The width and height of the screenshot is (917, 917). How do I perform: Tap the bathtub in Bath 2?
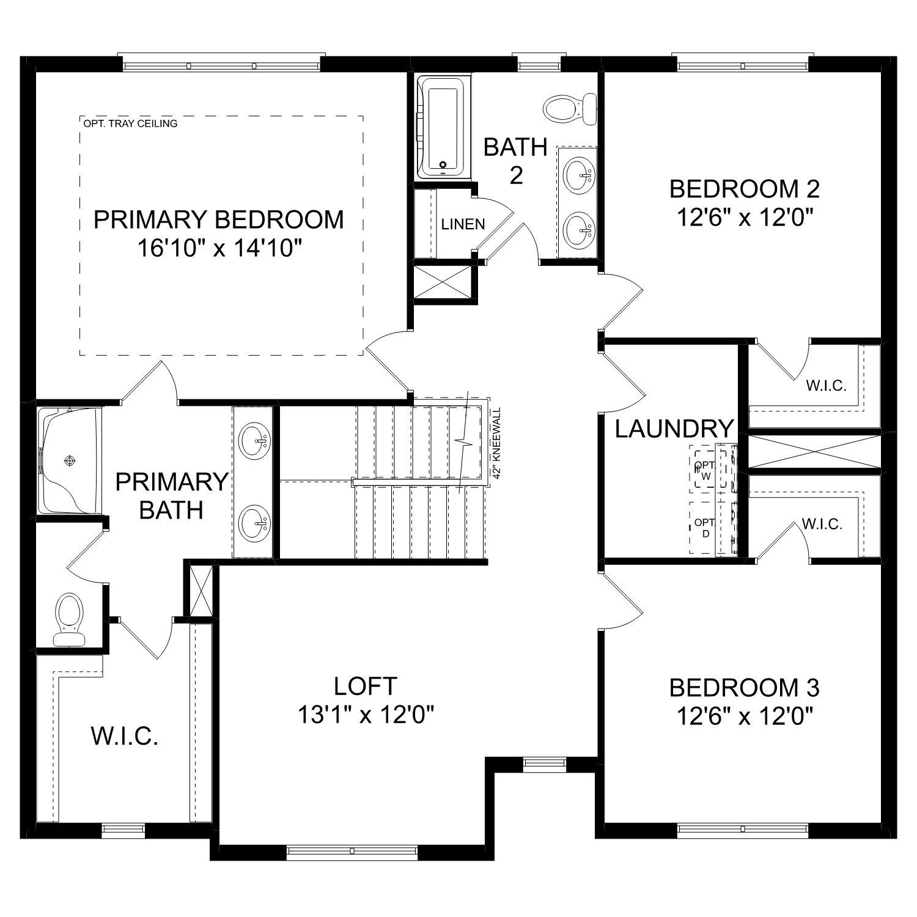point(441,127)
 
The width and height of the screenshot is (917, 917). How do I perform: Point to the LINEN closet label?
point(463,224)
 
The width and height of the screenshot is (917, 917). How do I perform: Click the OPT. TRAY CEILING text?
point(130,123)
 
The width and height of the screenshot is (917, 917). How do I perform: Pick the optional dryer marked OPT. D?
point(704,528)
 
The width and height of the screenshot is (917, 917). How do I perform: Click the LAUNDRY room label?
point(673,429)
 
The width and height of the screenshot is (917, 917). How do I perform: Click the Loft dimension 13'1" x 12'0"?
point(366,713)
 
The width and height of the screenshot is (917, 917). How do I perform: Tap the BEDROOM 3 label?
point(744,688)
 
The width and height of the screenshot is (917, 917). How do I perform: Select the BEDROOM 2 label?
point(744,189)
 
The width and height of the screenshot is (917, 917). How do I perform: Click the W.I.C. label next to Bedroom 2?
point(825,386)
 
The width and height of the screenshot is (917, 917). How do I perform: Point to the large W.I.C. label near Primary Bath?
point(125,737)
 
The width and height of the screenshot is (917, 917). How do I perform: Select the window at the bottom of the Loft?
point(352,851)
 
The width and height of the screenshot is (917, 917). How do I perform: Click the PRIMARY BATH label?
point(171,495)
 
